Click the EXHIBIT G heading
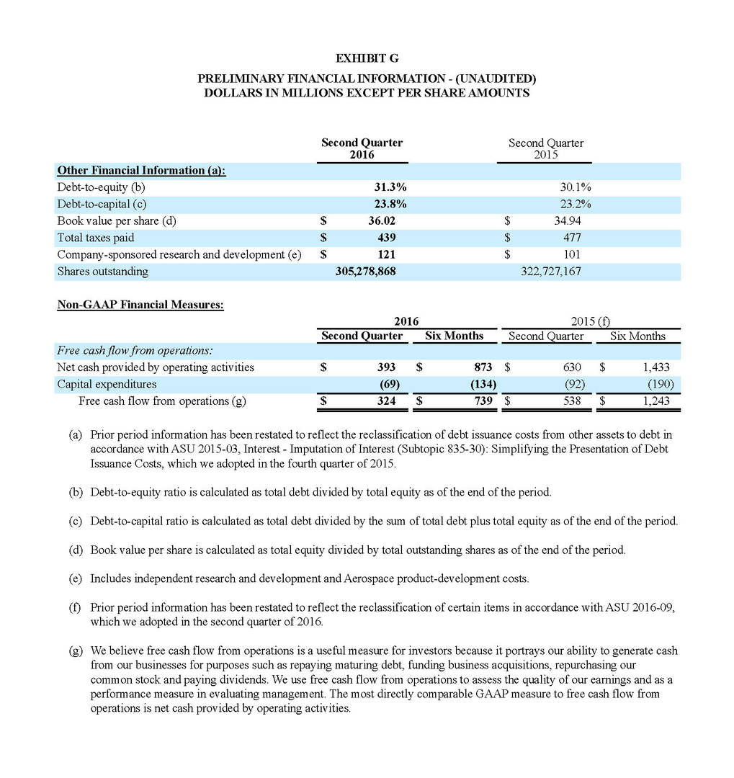click(367, 58)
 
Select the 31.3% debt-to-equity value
click(382, 187)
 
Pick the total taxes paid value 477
click(572, 238)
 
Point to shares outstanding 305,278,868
click(366, 272)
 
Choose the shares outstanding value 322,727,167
click(550, 272)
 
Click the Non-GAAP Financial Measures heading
click(140, 305)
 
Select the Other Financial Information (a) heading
click(141, 170)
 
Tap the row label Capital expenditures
click(107, 384)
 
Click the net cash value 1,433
click(656, 367)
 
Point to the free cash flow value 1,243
click(656, 401)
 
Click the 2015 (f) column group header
click(590, 321)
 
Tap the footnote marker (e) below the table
click(75, 578)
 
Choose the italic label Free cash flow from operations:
click(135, 351)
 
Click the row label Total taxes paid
click(96, 238)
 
